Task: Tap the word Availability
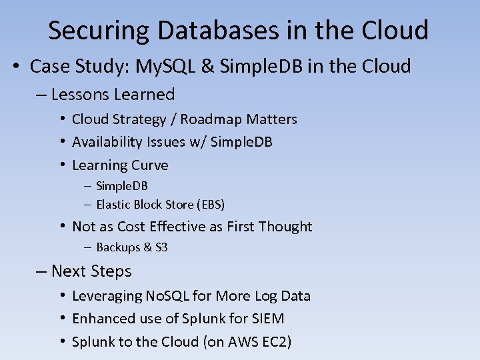coord(107,142)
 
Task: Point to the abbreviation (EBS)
coord(208,205)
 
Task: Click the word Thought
coord(285,227)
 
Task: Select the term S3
coord(161,247)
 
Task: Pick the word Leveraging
coord(107,296)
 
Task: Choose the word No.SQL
coord(168,296)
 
